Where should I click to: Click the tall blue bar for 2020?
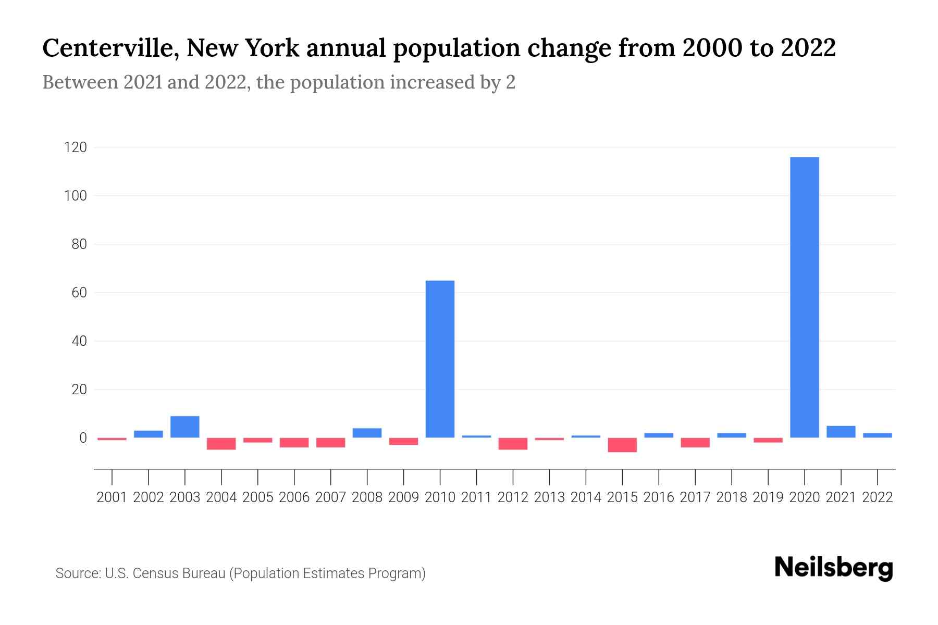pyautogui.click(x=805, y=297)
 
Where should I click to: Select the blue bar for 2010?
pyautogui.click(x=440, y=359)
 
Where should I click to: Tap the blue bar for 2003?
pyautogui.click(x=185, y=427)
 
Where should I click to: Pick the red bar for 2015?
pyautogui.click(x=622, y=445)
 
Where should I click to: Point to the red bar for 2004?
pyautogui.click(x=221, y=444)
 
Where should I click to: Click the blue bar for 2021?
pyautogui.click(x=841, y=432)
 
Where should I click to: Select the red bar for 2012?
pyautogui.click(x=513, y=444)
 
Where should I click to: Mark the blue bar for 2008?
pyautogui.click(x=367, y=433)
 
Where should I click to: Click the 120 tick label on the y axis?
pyautogui.click(x=75, y=147)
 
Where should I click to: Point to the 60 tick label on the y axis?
pyautogui.click(x=79, y=293)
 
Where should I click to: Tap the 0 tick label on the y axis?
pyautogui.click(x=83, y=438)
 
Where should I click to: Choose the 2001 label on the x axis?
pyautogui.click(x=112, y=497)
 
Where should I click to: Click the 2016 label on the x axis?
pyautogui.click(x=659, y=497)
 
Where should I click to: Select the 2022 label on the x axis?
pyautogui.click(x=878, y=497)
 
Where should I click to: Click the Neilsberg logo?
pyautogui.click(x=834, y=568)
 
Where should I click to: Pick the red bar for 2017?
pyautogui.click(x=695, y=443)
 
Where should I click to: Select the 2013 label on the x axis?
pyautogui.click(x=549, y=497)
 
